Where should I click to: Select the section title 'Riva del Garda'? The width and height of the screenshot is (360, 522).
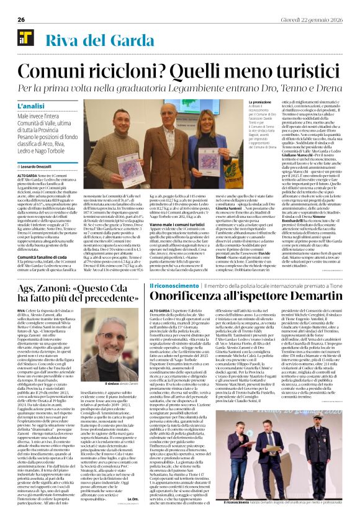83,41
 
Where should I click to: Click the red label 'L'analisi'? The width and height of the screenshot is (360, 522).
32,106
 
